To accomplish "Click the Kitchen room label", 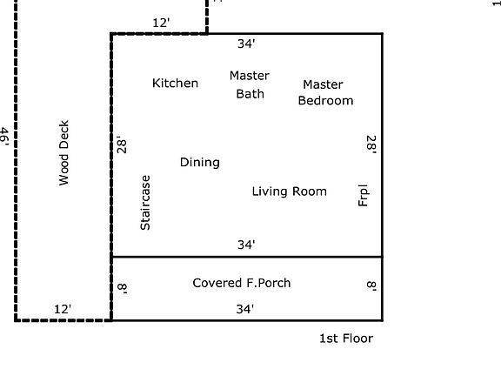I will click(175, 84).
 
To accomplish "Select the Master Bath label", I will click(250, 84).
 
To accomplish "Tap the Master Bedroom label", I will click(324, 92).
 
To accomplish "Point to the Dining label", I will click(199, 162).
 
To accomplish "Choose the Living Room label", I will click(289, 191).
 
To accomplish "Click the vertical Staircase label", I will click(145, 203).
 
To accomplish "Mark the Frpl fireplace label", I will click(364, 195).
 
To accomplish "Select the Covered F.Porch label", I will click(241, 283).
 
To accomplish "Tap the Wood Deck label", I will click(63, 153).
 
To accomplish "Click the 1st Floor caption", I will click(345, 339).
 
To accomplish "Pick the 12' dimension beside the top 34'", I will click(161, 23).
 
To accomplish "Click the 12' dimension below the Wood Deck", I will click(63, 309).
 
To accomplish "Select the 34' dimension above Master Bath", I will click(246, 43).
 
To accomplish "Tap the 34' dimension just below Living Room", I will click(246, 245).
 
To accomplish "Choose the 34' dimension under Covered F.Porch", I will click(246, 309).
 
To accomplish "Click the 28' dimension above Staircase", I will click(122, 144).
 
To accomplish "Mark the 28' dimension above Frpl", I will click(371, 144).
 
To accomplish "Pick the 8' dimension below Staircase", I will click(122, 287).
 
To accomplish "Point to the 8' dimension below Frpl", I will click(371, 287).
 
